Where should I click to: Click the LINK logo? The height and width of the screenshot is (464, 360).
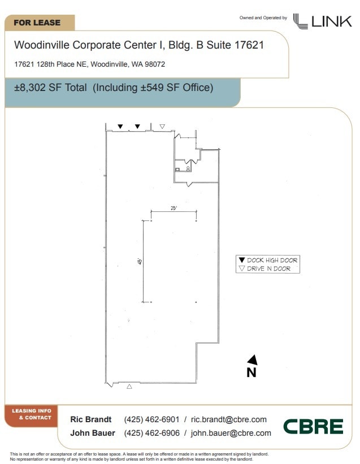click(323, 21)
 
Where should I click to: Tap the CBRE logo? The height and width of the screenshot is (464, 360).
click(313, 427)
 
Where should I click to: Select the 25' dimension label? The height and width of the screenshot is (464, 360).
click(174, 208)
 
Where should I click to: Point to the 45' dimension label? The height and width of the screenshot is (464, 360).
click(140, 261)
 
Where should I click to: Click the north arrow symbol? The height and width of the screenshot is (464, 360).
click(253, 359)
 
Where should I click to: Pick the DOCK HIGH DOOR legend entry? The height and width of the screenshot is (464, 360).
click(268, 260)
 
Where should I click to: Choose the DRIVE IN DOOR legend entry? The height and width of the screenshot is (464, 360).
click(264, 268)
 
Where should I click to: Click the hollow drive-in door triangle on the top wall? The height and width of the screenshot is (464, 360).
click(162, 127)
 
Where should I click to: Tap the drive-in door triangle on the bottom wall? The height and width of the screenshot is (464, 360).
click(129, 386)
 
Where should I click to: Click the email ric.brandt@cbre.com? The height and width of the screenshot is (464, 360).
click(229, 419)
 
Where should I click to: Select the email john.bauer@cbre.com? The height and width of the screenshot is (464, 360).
click(231, 433)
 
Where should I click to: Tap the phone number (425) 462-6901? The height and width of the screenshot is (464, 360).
click(152, 419)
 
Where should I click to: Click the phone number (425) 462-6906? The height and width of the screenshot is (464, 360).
click(152, 433)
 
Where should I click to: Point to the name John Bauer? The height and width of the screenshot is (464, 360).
click(93, 433)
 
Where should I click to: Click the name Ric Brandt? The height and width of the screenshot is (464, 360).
click(91, 419)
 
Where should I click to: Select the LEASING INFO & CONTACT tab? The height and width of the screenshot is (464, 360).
click(31, 415)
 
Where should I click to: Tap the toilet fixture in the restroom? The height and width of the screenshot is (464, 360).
click(188, 168)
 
